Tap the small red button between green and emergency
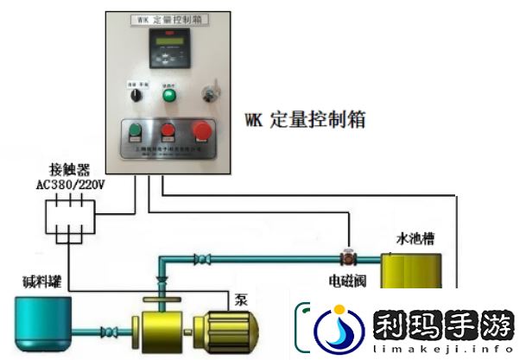[x=168, y=134]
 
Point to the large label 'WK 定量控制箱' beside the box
[x=306, y=120]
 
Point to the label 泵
[x=240, y=300]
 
